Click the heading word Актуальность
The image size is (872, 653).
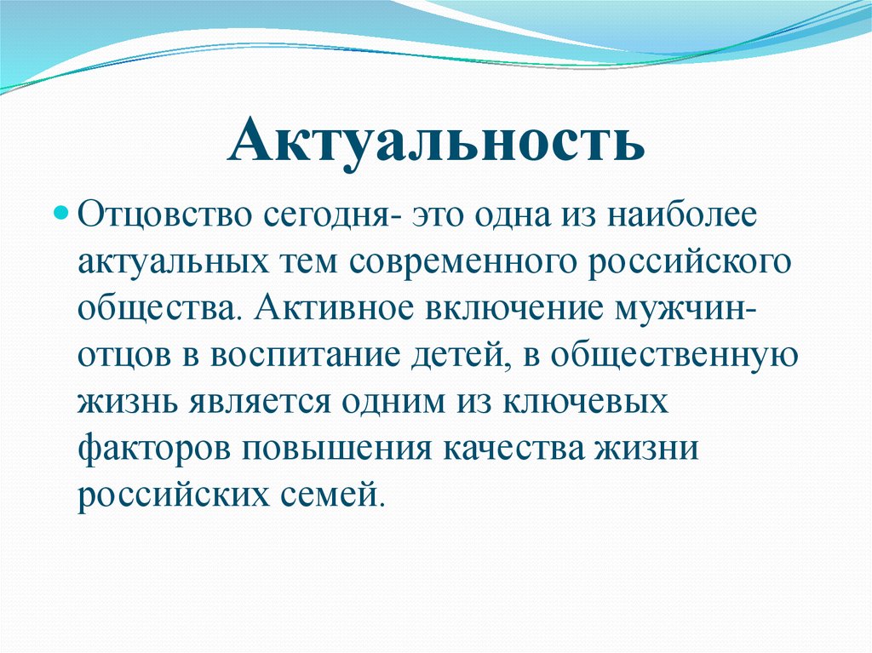[x=435, y=141]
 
